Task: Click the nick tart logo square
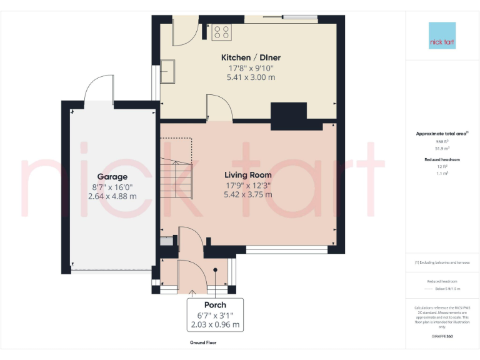(x=442, y=36)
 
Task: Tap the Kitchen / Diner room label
(x=251, y=57)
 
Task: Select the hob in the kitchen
(x=221, y=31)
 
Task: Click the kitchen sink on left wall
(x=169, y=71)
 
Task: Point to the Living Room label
(x=248, y=175)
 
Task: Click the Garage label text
(x=112, y=177)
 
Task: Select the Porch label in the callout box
(x=215, y=305)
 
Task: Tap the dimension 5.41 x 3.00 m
(x=251, y=77)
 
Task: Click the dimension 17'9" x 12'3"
(x=248, y=185)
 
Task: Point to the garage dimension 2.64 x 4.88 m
(x=112, y=196)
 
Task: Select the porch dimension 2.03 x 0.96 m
(x=215, y=325)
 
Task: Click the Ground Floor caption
(x=203, y=343)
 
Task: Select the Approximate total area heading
(x=441, y=134)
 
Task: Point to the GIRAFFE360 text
(x=442, y=336)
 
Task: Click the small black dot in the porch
(x=215, y=270)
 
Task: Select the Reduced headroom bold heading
(x=442, y=160)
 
